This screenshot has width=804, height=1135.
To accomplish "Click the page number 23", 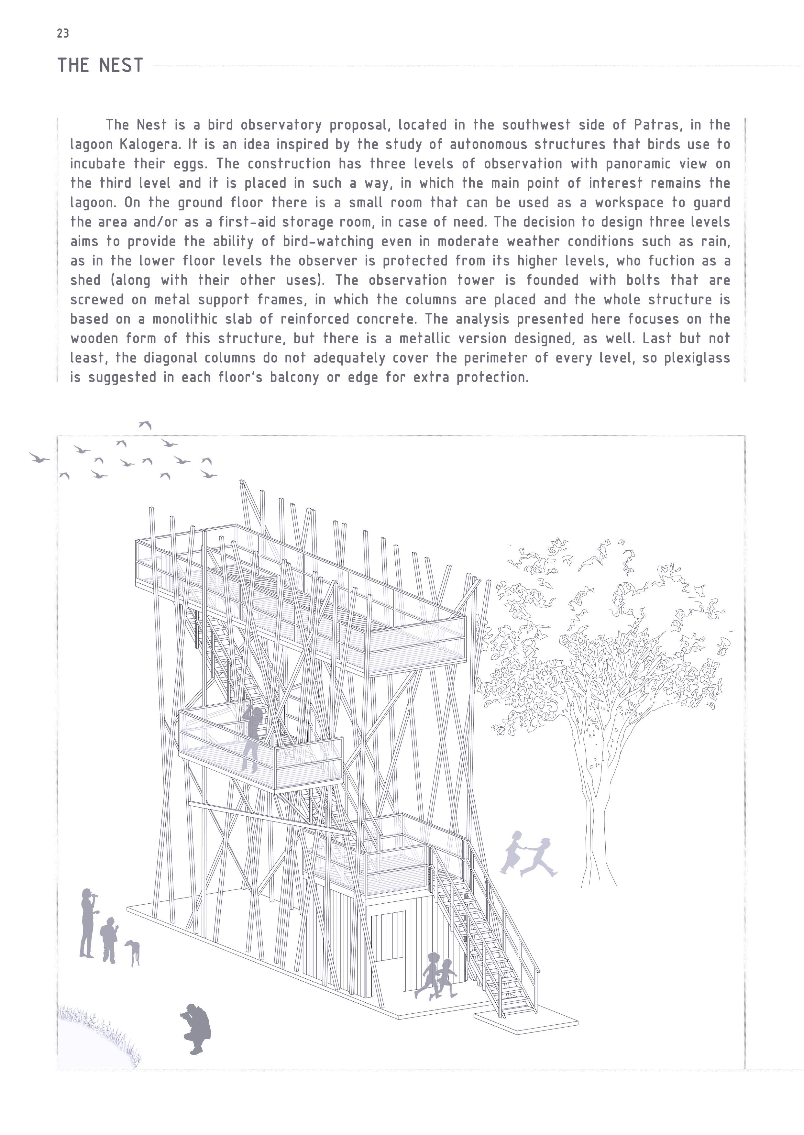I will (x=63, y=34).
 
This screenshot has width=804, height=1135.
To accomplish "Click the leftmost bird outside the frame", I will (x=38, y=457).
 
